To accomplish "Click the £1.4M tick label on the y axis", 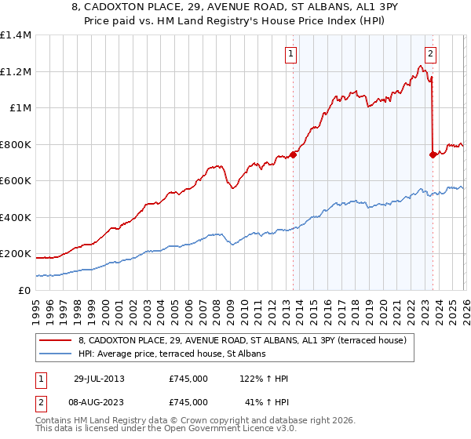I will point(15,35).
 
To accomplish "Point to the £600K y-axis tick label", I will point(15,181).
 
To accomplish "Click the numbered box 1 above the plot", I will point(291,54).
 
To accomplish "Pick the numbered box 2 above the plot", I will point(431,54).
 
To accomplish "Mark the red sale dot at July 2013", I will point(294,154).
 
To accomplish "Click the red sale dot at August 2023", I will point(433,154).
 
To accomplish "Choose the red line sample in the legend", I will point(55,340).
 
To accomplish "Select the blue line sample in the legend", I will point(55,354).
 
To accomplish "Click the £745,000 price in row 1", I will point(188,379).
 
